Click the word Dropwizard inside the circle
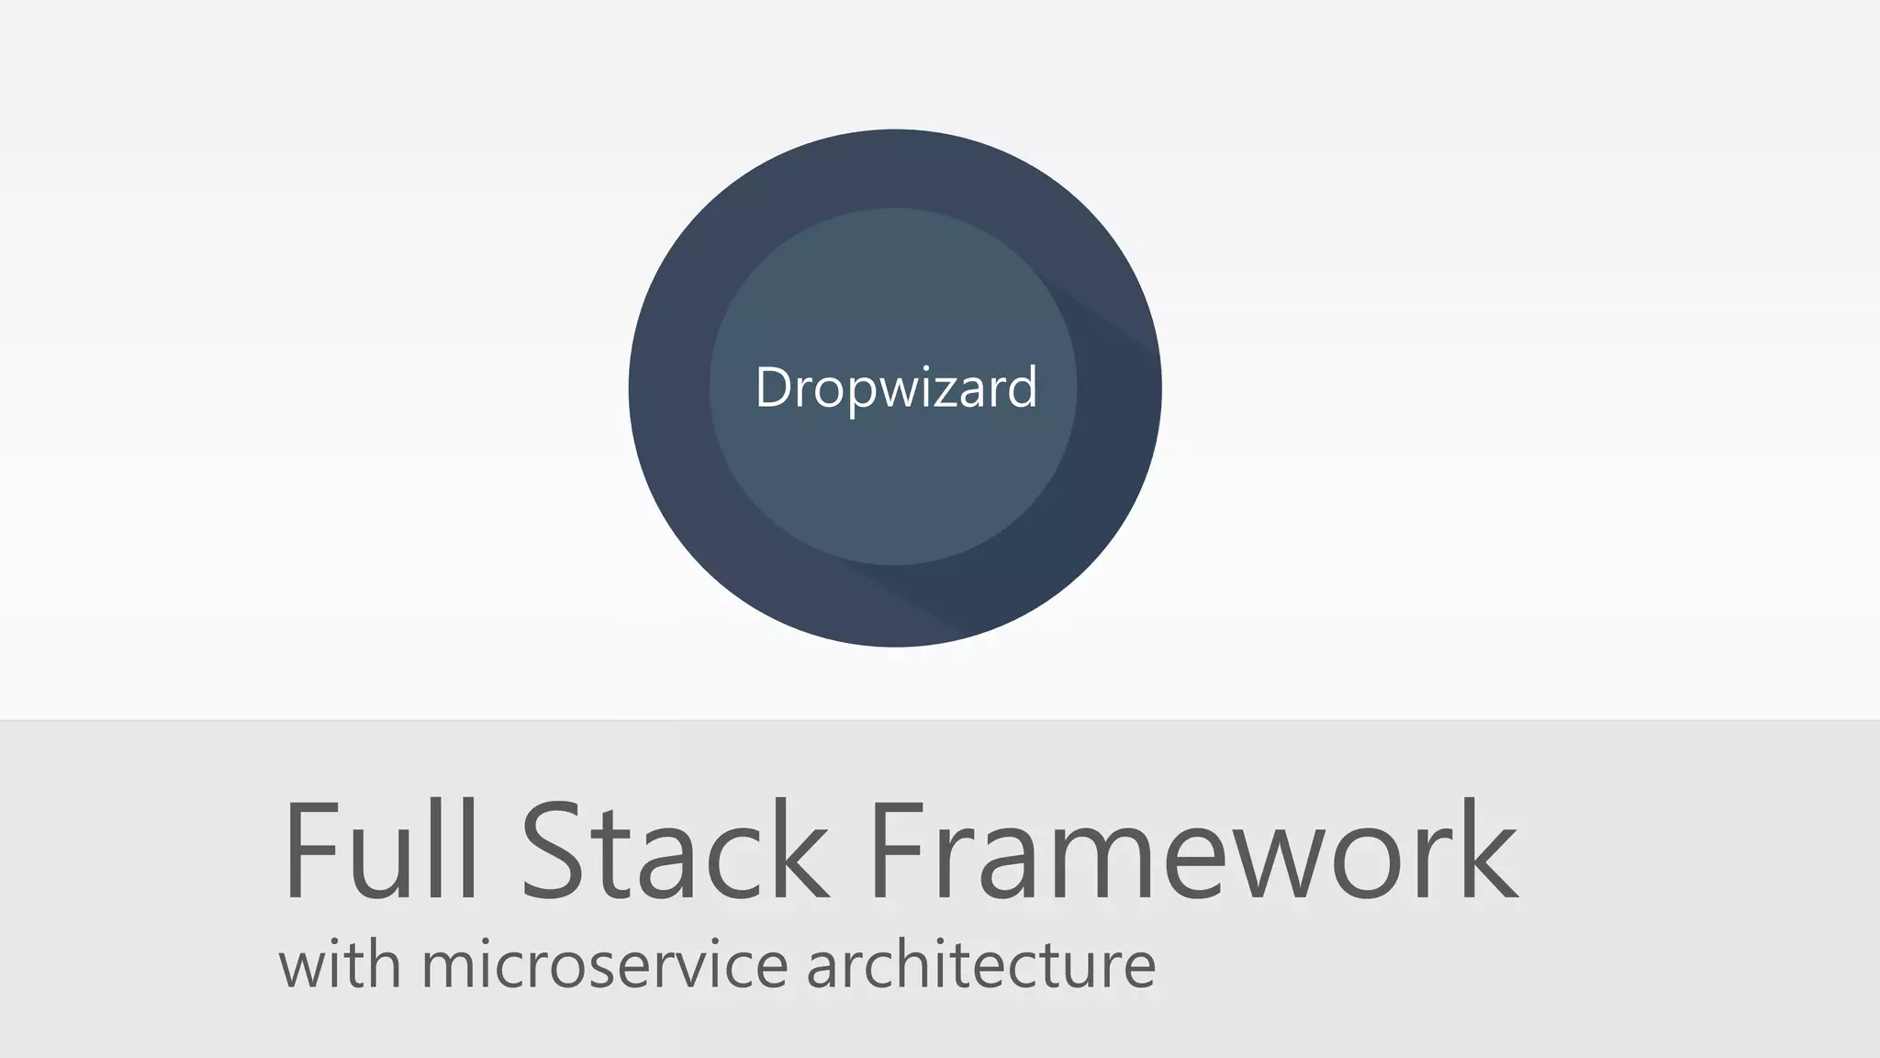tap(896, 388)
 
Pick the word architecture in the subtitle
tap(980, 964)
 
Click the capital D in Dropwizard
tap(773, 388)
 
